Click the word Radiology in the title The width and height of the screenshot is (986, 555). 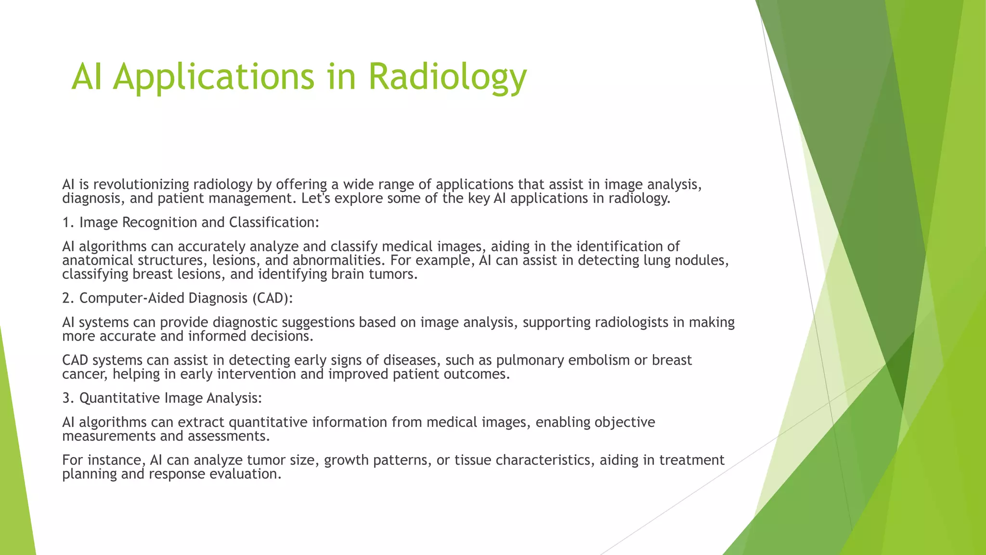pos(447,77)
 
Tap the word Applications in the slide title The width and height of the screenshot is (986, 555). pos(214,77)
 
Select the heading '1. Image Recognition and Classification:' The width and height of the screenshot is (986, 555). pos(191,223)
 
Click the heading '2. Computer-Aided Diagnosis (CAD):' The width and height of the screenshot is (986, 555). pos(178,298)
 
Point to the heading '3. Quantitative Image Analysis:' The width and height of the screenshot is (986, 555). pos(162,398)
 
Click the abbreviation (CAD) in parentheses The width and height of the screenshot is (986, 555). pos(272,298)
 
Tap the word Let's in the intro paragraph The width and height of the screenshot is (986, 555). pos(316,198)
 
